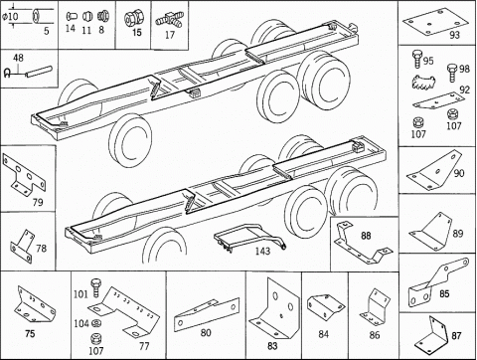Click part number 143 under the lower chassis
262,251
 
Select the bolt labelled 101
95,287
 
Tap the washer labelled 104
96,323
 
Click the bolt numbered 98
452,73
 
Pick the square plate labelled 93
435,22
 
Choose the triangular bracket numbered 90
434,170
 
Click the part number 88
366,236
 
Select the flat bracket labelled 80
207,314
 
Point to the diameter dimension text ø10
10,16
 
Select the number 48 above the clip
18,58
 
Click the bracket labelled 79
24,174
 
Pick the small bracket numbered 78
22,247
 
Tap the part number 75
30,333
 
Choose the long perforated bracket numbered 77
124,311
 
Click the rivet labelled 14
72,16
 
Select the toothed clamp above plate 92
423,82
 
